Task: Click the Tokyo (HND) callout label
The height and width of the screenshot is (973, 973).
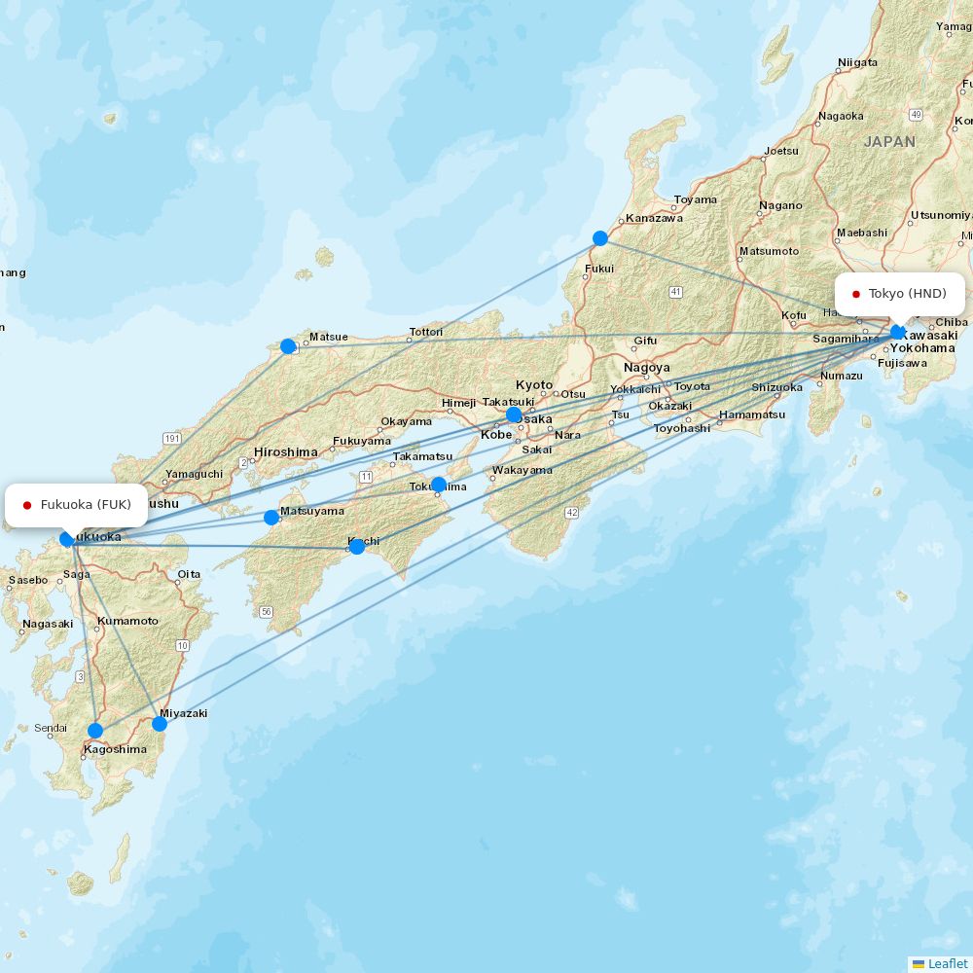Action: pyautogui.click(x=900, y=294)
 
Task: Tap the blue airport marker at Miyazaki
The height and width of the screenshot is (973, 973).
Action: pyautogui.click(x=160, y=723)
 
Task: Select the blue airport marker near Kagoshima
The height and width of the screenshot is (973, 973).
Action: pyautogui.click(x=94, y=731)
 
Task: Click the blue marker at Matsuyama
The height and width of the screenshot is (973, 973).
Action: pyautogui.click(x=271, y=517)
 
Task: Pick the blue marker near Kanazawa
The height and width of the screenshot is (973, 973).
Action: pyautogui.click(x=600, y=238)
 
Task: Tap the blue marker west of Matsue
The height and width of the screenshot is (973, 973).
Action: pyautogui.click(x=288, y=346)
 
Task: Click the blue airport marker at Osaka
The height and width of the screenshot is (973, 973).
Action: pyautogui.click(x=514, y=415)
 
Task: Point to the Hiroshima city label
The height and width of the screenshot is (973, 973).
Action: pyautogui.click(x=286, y=452)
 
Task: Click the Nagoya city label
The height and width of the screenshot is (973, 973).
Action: pyautogui.click(x=647, y=368)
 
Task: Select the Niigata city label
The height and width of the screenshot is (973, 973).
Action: pyautogui.click(x=857, y=63)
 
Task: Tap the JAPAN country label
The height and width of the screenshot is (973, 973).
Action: pyautogui.click(x=889, y=141)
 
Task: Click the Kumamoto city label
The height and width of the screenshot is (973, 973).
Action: pyautogui.click(x=126, y=621)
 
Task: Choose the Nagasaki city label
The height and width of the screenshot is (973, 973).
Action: pyautogui.click(x=48, y=625)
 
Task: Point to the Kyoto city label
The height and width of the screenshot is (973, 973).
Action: pyautogui.click(x=534, y=385)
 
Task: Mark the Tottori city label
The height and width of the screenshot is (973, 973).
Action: pyautogui.click(x=425, y=332)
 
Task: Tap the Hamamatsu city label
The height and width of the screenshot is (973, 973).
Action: pyautogui.click(x=752, y=414)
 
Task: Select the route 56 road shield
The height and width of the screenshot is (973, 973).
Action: pyautogui.click(x=266, y=611)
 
